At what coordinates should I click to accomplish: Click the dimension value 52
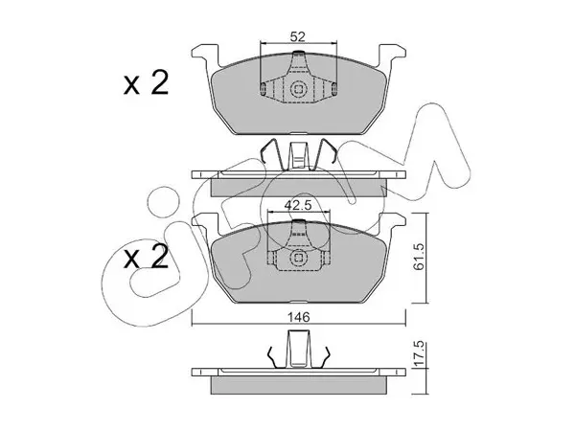297,36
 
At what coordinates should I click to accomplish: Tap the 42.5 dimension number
298,205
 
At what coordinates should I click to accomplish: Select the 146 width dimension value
298,317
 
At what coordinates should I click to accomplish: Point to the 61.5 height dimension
418,258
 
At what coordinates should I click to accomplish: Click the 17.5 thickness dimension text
418,352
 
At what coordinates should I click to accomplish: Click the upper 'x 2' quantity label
146,83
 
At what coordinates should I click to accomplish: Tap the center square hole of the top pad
298,89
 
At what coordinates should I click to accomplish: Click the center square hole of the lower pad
298,258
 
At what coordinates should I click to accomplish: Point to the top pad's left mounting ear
205,57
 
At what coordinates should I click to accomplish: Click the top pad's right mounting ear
392,57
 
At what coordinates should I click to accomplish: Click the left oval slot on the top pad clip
263,89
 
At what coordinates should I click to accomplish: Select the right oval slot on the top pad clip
334,89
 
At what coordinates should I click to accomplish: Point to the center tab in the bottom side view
298,349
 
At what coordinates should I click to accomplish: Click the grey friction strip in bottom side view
298,385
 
